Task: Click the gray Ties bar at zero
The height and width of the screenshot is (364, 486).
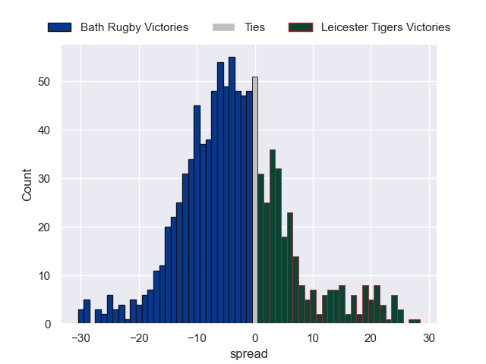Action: (x=255, y=201)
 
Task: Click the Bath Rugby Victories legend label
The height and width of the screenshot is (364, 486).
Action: (x=134, y=27)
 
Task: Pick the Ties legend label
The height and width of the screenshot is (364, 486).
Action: (x=254, y=27)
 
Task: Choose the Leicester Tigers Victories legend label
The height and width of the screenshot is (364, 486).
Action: (x=385, y=27)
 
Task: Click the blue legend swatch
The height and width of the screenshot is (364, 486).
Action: (x=59, y=27)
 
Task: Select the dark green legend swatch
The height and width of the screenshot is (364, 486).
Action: (x=301, y=27)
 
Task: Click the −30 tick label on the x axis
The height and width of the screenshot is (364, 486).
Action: (x=80, y=338)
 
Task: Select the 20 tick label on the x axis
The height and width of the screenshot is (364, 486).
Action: (x=371, y=338)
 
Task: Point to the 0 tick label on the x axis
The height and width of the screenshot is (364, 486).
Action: (x=255, y=338)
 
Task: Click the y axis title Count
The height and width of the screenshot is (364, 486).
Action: (x=27, y=185)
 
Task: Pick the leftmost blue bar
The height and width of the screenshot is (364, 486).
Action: (x=81, y=317)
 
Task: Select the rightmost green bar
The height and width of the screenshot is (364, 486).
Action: (x=417, y=322)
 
